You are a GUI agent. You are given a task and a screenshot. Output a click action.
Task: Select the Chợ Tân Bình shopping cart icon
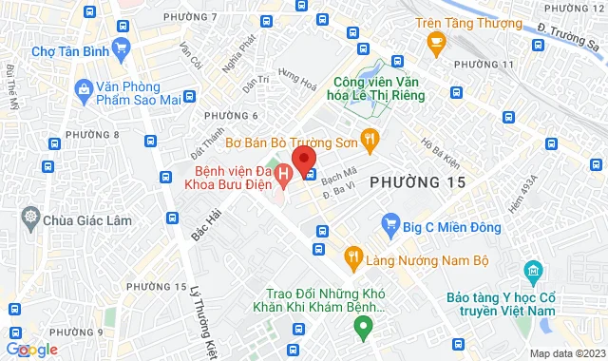[x=120, y=47]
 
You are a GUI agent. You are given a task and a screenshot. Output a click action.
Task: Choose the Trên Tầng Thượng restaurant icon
[x=436, y=41]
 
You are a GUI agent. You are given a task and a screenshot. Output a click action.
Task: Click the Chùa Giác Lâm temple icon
[x=31, y=218]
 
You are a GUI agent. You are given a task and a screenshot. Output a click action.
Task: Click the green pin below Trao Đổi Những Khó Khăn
[x=362, y=329]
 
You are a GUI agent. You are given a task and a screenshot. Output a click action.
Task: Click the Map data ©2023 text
[x=566, y=353]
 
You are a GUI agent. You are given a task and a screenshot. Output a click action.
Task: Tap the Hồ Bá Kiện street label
[x=438, y=149]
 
